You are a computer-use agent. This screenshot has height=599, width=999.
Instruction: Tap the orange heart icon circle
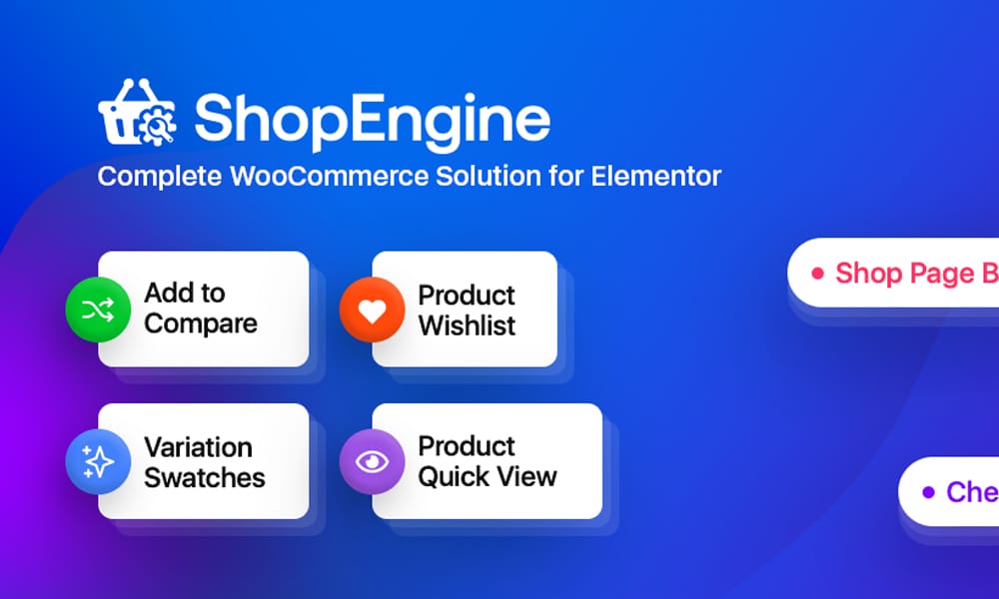(372, 310)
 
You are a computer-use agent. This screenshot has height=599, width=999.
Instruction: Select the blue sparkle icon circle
(97, 462)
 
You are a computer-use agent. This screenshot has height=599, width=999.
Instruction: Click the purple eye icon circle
(372, 462)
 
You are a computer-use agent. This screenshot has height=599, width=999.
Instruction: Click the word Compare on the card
(200, 324)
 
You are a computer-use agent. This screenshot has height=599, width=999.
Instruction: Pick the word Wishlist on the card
(467, 325)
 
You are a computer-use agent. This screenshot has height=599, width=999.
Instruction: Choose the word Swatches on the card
(205, 477)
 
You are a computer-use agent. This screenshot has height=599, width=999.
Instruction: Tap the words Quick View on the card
(487, 477)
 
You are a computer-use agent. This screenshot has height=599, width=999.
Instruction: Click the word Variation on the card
(198, 447)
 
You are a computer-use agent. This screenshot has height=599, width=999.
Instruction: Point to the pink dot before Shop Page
(817, 273)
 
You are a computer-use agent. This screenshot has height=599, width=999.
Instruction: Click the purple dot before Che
(928, 492)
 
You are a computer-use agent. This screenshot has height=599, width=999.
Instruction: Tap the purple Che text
(971, 492)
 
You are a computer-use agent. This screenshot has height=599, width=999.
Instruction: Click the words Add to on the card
(185, 294)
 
